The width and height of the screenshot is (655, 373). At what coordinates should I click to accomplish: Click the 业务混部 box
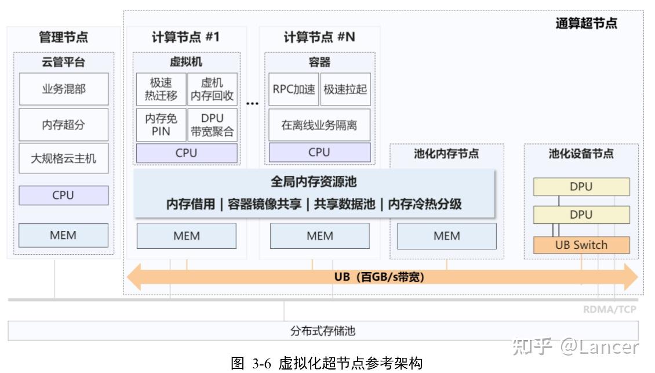tap(64, 89)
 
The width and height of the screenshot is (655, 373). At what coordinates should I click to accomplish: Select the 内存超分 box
tap(64, 124)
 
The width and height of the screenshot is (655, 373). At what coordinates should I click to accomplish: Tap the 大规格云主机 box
tap(64, 157)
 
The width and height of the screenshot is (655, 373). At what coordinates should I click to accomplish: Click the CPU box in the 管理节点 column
tap(64, 195)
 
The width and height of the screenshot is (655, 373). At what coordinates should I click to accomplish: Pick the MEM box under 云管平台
tap(64, 236)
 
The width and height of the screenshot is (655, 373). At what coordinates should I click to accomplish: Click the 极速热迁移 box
tap(161, 89)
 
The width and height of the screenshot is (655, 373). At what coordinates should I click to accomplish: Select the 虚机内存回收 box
tap(212, 89)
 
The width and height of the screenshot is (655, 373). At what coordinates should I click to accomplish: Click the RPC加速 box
tap(294, 89)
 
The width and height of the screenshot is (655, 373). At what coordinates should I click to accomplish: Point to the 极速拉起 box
tap(345, 89)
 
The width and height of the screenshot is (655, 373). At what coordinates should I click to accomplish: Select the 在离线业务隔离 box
tap(319, 125)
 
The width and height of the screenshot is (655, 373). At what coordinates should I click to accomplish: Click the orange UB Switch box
tap(581, 245)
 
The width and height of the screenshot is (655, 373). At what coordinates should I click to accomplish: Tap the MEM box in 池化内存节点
tap(447, 236)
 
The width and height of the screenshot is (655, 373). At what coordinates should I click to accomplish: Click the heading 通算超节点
tap(586, 24)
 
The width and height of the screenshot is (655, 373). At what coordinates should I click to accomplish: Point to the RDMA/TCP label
tap(609, 309)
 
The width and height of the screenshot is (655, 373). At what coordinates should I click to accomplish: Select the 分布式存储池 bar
tap(323, 331)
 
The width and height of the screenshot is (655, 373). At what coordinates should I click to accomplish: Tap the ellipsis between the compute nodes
tap(252, 103)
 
